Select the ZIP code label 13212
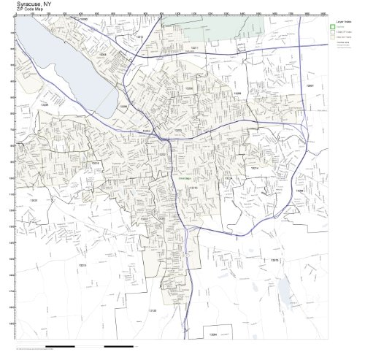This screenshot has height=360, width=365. tap(139, 36)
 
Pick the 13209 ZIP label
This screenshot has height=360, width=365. tap(44, 104)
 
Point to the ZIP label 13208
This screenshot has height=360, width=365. tap(189, 88)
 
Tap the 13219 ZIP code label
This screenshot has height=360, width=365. tap(95, 163)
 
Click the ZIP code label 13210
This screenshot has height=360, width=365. tap(193, 188)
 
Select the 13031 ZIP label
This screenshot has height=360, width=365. tap(34, 200)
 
